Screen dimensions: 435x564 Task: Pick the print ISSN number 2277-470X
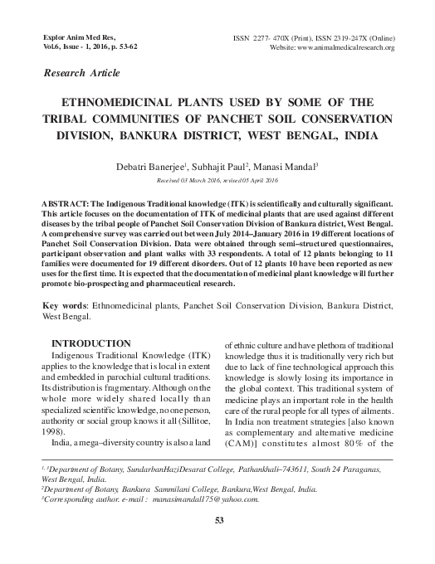click(282, 37)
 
